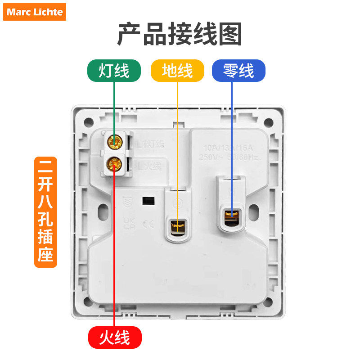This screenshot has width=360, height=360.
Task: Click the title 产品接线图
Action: coord(180,34)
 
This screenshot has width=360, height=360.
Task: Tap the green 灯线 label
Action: coord(114,71)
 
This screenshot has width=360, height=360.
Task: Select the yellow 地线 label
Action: coord(177,71)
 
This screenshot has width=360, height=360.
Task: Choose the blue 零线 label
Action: coord(238,71)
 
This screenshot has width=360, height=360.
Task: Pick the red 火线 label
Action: coord(114,337)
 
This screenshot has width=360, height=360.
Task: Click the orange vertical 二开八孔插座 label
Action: coord(45,211)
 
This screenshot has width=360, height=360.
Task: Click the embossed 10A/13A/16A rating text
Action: coord(229,148)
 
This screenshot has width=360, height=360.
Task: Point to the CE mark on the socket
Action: coord(147,224)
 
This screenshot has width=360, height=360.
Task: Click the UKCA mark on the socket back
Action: coord(129,224)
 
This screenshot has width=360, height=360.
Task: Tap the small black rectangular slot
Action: coord(146,199)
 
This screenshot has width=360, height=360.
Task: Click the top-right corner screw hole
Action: coord(269,122)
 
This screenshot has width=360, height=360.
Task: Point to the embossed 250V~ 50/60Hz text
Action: coord(229,157)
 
